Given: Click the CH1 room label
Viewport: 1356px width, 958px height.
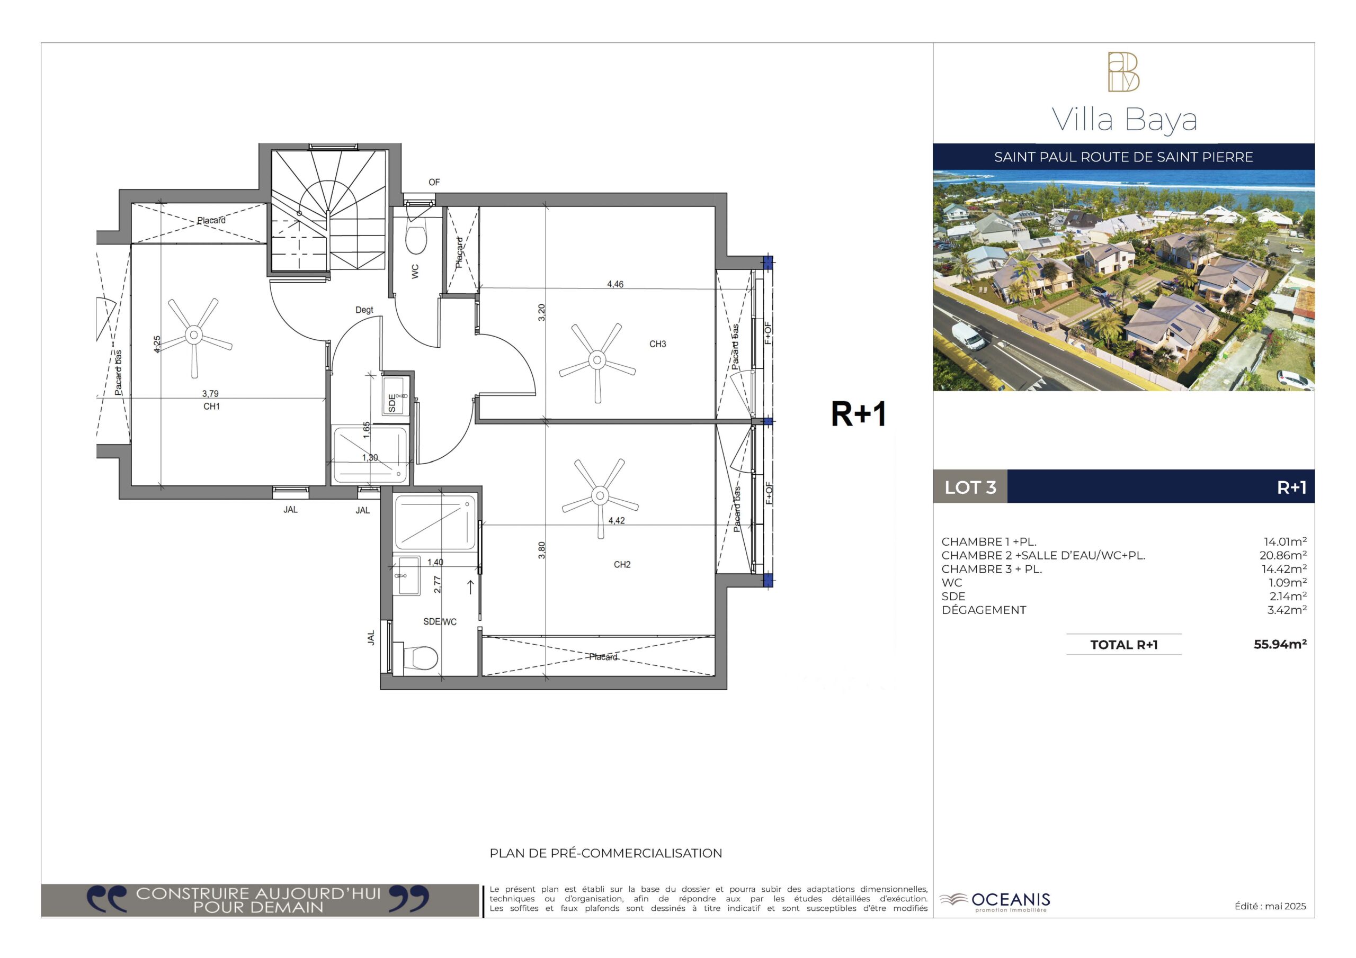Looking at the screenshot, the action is coord(211,406).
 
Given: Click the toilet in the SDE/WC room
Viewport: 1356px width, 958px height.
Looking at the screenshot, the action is coord(420,657).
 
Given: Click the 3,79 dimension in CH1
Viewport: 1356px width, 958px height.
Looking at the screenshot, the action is coord(210,394).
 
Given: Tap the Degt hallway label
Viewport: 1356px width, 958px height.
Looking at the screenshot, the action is coord(364,310).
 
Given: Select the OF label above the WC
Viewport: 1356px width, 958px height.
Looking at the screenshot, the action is coord(434,183).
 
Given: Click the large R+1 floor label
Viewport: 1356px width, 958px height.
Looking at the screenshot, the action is coord(859,414).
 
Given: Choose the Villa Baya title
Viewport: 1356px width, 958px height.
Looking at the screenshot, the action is coord(1125,121).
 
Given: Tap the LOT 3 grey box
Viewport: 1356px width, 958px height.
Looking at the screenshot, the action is coord(970,487).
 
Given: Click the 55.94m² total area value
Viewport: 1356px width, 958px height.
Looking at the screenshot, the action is coord(1280,644).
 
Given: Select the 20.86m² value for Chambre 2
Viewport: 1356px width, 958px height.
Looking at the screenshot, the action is coord(1283,555).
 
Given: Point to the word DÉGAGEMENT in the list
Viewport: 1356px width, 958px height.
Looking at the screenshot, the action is coord(984,610).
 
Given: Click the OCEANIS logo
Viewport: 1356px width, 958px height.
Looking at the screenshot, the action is coord(995,901).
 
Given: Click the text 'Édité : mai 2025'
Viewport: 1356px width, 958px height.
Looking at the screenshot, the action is coord(1270,906).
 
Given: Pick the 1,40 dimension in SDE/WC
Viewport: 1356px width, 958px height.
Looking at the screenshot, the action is coord(435,562).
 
